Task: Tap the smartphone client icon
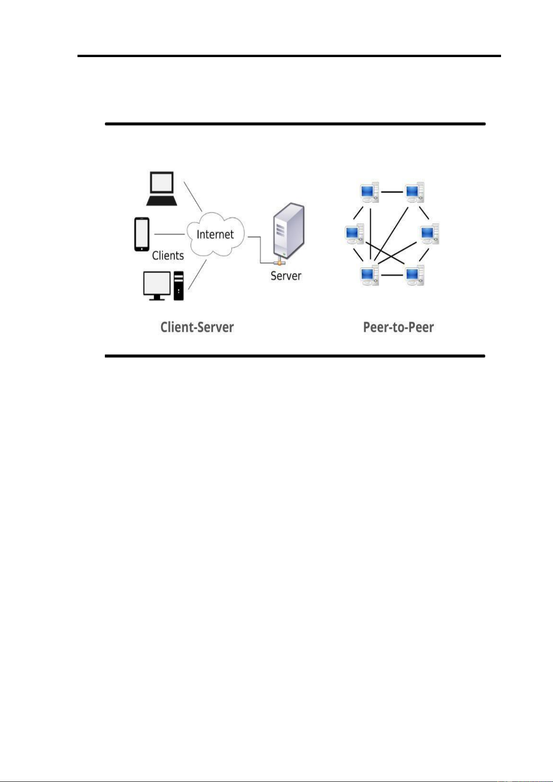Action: click(x=142, y=234)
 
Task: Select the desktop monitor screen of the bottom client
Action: click(x=157, y=284)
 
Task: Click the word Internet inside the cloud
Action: click(x=215, y=234)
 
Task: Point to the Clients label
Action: click(x=168, y=256)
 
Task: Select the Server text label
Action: click(x=286, y=276)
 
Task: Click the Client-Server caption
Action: click(x=197, y=327)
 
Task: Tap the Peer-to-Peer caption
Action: click(x=398, y=327)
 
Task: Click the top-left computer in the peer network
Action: click(x=369, y=192)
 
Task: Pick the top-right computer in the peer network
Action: click(x=414, y=192)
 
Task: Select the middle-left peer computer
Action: click(x=354, y=234)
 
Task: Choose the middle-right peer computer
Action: click(x=430, y=234)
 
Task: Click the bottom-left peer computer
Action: click(x=369, y=275)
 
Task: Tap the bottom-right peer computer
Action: click(x=414, y=275)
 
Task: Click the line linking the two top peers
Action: click(x=392, y=191)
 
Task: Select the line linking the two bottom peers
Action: click(x=392, y=275)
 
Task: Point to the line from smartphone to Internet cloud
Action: click(x=169, y=234)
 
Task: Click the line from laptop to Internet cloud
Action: click(x=193, y=196)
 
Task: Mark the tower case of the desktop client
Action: click(x=179, y=285)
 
